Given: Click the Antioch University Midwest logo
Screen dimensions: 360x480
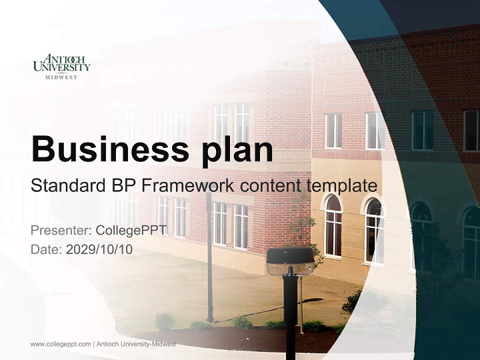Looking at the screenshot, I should tap(61, 66).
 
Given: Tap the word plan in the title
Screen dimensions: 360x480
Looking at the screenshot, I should tap(237, 149).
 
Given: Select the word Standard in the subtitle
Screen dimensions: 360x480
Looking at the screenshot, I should tap(67, 185).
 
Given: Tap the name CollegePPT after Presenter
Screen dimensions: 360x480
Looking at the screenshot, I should tap(131, 230).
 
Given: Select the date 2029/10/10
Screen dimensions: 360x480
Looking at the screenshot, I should tap(99, 249).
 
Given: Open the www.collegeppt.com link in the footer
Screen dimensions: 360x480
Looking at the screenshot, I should tap(60, 344).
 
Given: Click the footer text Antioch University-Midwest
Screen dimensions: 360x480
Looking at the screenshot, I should tap(136, 344).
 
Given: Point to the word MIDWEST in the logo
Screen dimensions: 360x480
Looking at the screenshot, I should tap(61, 77).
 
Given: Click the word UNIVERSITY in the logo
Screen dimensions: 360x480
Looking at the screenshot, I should tap(61, 67).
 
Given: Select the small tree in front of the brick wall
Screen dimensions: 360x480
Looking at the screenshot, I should tap(303, 225).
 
